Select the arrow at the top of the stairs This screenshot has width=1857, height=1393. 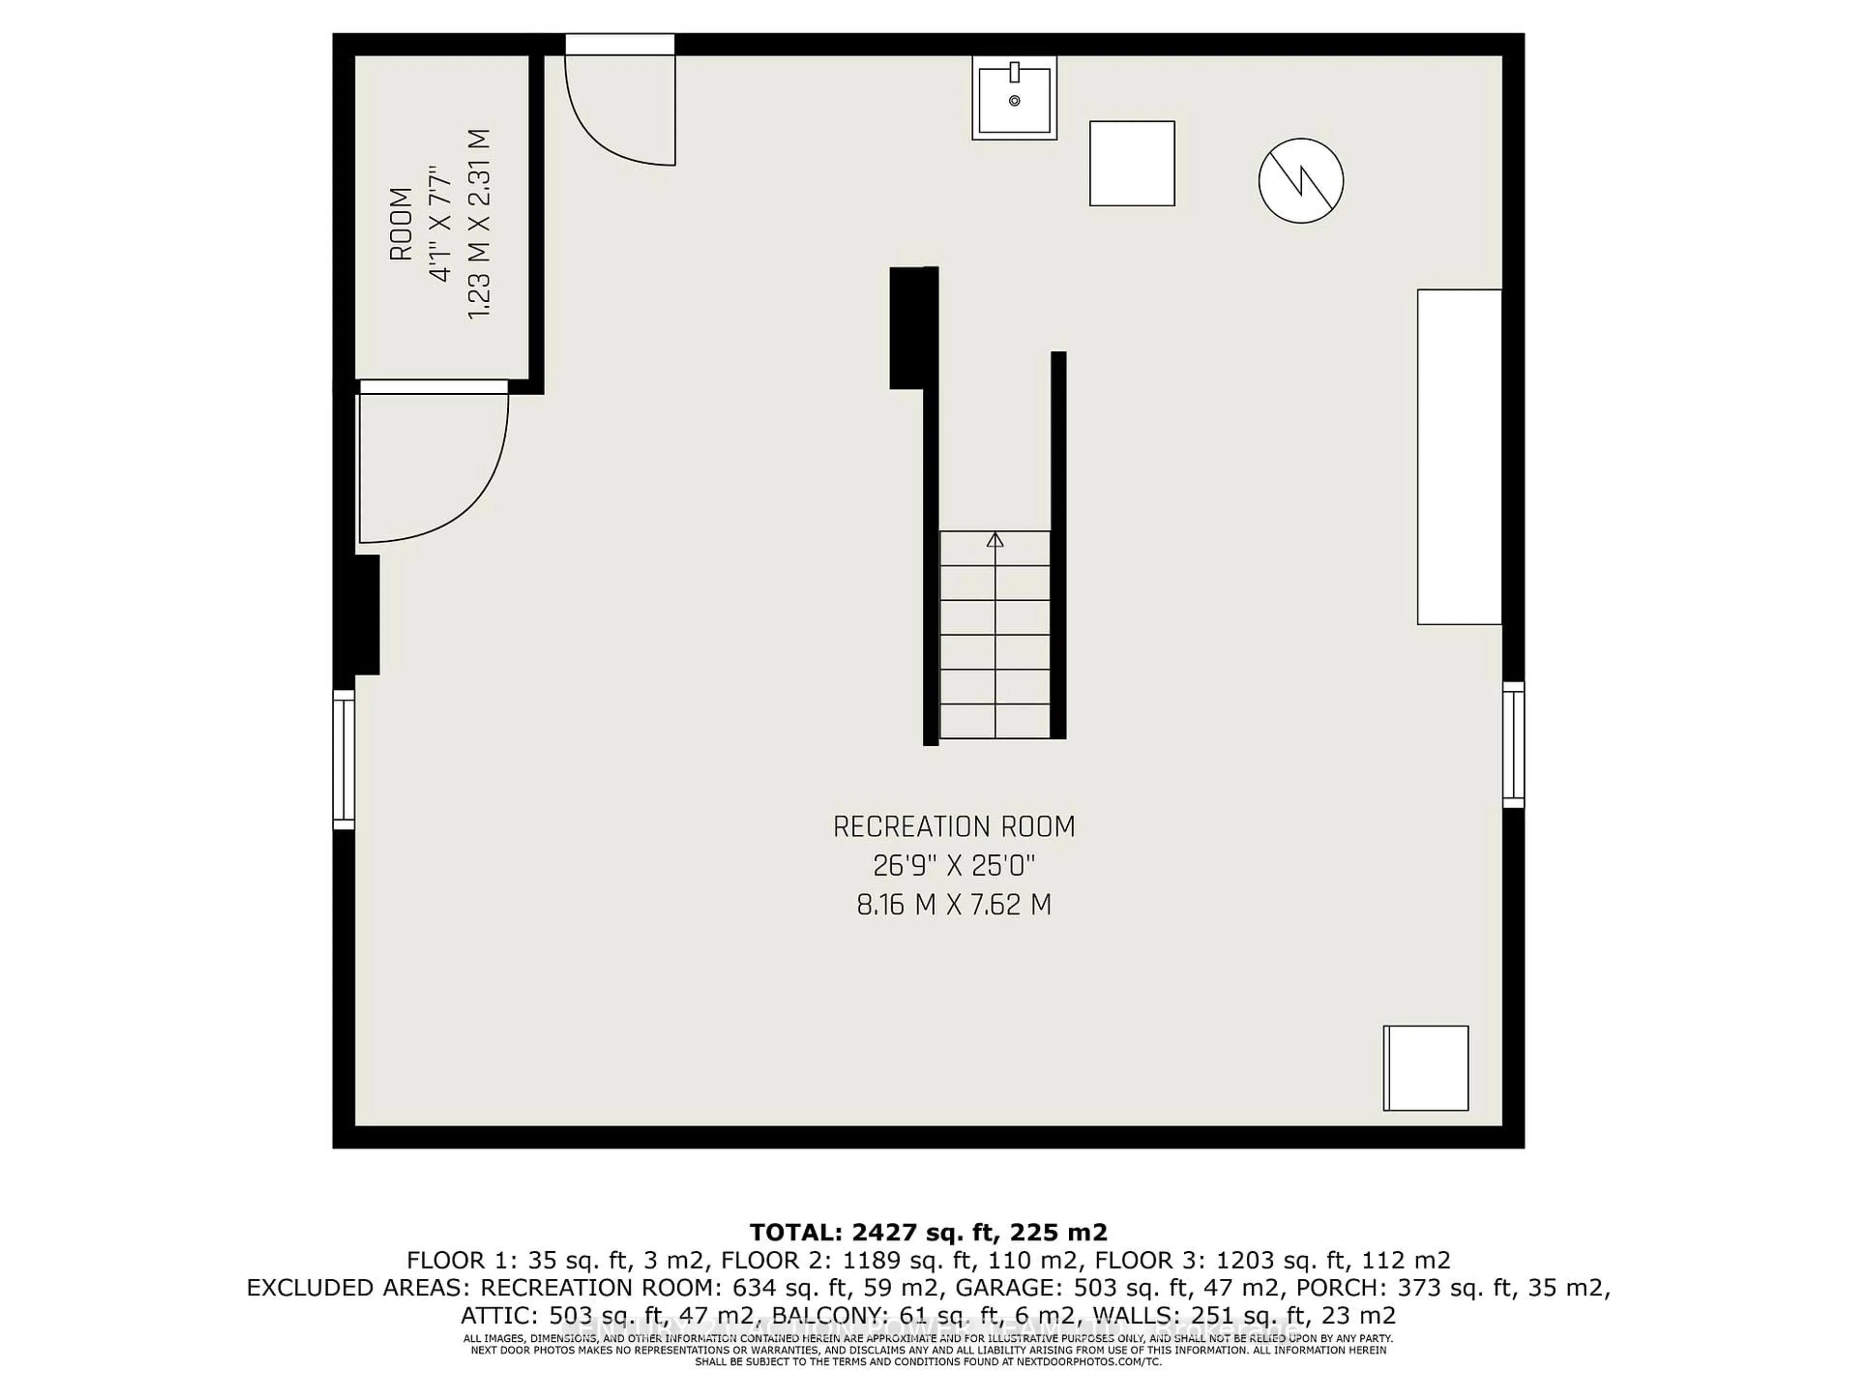(995, 540)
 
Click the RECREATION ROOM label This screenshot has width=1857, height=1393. (954, 827)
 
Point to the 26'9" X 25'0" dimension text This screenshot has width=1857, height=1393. (954, 866)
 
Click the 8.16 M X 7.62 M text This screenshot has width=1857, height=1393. (954, 905)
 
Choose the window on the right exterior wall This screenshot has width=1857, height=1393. (1513, 745)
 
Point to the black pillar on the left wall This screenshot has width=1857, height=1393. (367, 615)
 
